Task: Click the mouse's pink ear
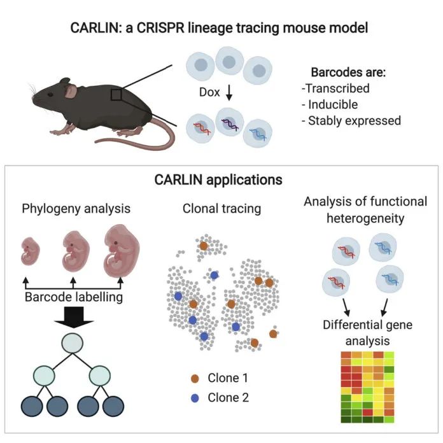point(71,91)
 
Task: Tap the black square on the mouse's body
point(116,95)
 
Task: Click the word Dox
point(209,92)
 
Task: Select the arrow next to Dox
point(229,93)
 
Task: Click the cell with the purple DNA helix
point(229,122)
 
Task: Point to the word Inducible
point(333,104)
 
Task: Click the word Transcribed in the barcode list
point(337,88)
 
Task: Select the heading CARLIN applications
point(218,179)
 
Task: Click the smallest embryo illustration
point(30,251)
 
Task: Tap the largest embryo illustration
point(122,251)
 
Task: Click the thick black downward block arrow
point(74,317)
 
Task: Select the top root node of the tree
point(73,343)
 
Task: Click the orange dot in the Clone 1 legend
point(195,378)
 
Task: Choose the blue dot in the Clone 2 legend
point(195,398)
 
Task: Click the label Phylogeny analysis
point(76,209)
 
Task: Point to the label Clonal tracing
point(221,209)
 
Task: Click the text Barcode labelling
point(74,297)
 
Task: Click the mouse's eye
point(50,94)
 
